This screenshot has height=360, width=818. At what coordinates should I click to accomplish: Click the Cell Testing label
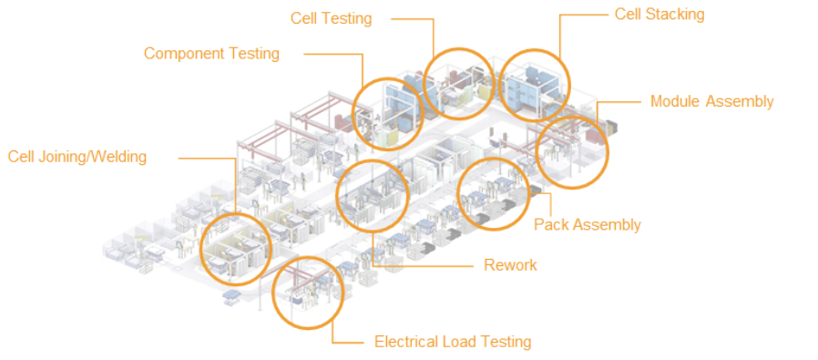(x=332, y=18)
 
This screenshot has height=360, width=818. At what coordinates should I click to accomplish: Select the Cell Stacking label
(x=660, y=14)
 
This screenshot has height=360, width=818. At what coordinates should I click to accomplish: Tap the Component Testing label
(x=212, y=53)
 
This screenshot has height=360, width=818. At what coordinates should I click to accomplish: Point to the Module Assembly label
(x=711, y=101)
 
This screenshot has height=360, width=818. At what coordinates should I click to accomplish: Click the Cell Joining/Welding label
(x=77, y=157)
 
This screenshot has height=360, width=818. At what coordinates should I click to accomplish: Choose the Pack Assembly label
(x=587, y=225)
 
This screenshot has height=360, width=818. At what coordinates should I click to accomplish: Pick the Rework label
(x=510, y=265)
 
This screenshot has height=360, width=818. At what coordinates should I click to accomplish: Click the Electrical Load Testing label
(x=453, y=343)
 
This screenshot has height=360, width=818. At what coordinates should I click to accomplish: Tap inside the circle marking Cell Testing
(x=458, y=84)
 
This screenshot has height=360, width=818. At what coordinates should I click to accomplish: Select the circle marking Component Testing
(x=387, y=114)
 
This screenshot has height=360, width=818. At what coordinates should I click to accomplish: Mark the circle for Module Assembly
(x=572, y=152)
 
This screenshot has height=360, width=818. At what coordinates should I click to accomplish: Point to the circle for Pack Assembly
(x=494, y=193)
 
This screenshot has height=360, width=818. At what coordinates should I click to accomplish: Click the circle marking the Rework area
(x=373, y=196)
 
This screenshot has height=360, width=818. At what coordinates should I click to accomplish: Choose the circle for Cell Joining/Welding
(x=236, y=249)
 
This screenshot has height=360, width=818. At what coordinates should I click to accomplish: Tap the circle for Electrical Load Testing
(x=308, y=293)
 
